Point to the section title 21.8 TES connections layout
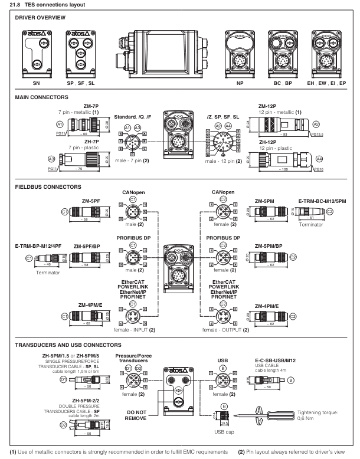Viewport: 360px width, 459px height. (x=42, y=5)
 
